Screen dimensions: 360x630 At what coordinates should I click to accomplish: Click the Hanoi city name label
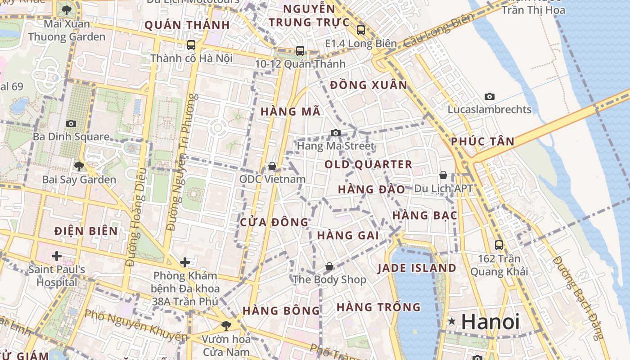pos(490,322)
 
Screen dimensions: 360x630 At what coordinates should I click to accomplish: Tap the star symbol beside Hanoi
pos(452,321)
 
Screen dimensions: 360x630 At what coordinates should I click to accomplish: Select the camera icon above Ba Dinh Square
pos(71,123)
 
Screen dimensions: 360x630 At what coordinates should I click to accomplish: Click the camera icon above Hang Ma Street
pos(335,133)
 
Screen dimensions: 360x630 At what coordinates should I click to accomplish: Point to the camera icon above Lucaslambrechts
pos(490,96)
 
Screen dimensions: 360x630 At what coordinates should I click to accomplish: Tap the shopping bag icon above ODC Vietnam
pos(272,166)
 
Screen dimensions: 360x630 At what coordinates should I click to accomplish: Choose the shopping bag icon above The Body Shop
pos(329,266)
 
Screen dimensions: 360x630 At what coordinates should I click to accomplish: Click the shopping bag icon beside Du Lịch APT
pos(443,175)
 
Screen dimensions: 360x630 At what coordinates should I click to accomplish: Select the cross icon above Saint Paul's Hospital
pos(56,256)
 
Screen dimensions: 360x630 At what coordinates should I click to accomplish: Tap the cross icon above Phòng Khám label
pos(184,262)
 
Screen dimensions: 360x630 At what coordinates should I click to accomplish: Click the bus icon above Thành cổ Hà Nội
pos(191,45)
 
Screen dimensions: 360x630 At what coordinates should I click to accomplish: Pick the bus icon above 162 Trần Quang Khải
pos(499,245)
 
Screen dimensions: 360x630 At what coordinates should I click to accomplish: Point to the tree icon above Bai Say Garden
pos(79,166)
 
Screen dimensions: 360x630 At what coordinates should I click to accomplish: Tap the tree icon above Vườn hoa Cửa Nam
pos(226,325)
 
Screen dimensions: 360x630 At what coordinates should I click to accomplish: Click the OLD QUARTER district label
pos(368,165)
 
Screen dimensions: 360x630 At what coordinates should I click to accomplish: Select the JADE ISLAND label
pos(417,268)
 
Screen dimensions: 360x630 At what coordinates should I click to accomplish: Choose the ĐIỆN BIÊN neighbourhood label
pos(86,231)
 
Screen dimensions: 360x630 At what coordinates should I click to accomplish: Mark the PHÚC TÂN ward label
pos(482,141)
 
